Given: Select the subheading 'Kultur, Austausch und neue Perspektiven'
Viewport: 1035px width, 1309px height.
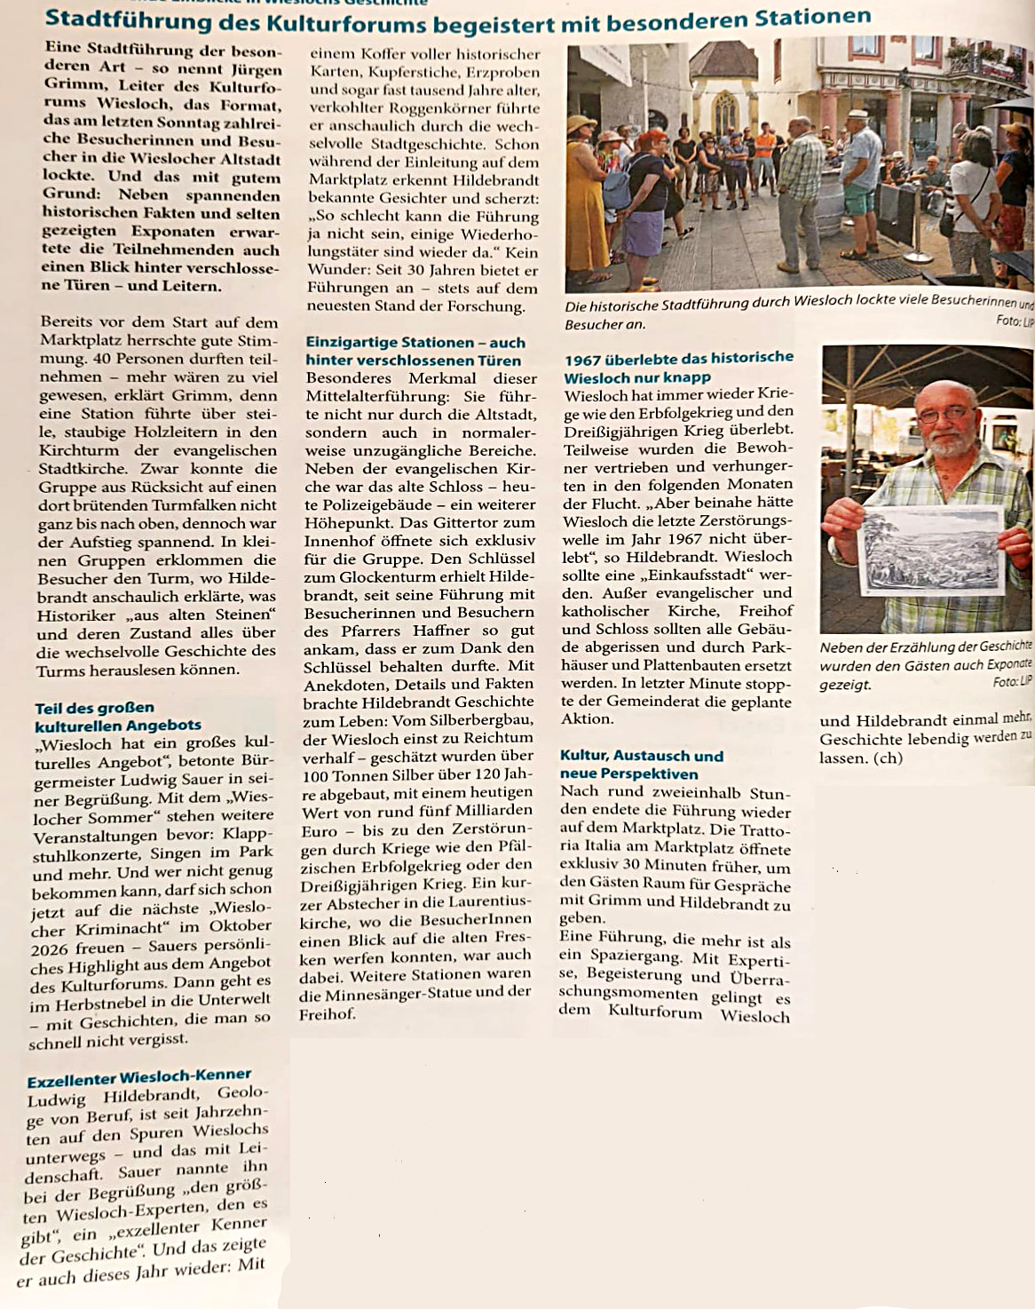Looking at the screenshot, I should click(641, 765).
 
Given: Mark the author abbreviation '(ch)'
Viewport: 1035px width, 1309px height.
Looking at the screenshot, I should click(887, 758).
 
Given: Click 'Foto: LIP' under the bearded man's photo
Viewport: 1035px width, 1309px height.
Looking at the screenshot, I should click(1012, 682).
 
